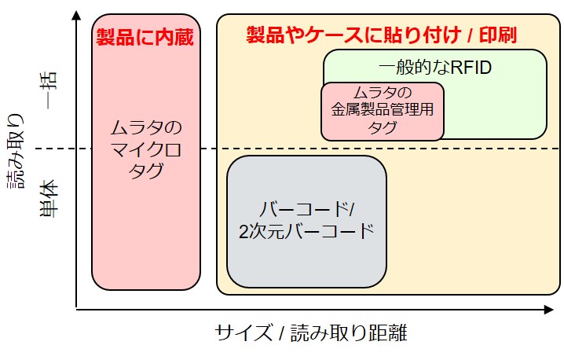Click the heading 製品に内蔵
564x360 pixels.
click(x=145, y=37)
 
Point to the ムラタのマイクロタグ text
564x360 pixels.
click(x=145, y=149)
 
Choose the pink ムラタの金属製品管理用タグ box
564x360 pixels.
click(x=383, y=111)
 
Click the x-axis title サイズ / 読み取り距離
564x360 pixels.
click(x=311, y=332)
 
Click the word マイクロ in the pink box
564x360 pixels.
click(x=145, y=149)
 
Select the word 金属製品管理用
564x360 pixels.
click(x=383, y=111)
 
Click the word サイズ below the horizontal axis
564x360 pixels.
click(x=240, y=332)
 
